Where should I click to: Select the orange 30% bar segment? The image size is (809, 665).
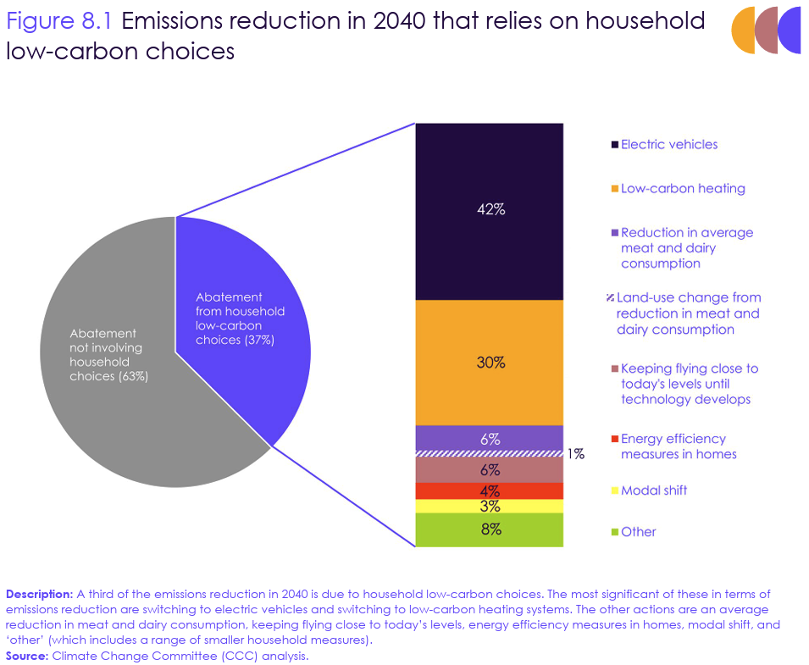489,363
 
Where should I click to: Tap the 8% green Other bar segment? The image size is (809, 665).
489,529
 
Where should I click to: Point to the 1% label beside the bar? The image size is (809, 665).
576,454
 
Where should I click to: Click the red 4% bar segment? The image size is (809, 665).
489,491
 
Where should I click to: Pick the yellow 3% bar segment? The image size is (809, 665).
489,507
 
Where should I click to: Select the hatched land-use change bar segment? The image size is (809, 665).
489,454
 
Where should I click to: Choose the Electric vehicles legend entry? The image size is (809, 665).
668,145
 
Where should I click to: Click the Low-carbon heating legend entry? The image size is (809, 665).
682,189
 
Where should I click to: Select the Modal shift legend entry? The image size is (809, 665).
653,491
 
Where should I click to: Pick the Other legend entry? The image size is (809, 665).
638,532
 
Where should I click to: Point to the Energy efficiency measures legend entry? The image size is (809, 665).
678,446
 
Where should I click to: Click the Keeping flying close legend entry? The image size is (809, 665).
688,384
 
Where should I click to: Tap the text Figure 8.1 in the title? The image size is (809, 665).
59,20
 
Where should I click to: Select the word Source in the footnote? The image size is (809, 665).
25,657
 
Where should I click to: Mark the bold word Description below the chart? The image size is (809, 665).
40,593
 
